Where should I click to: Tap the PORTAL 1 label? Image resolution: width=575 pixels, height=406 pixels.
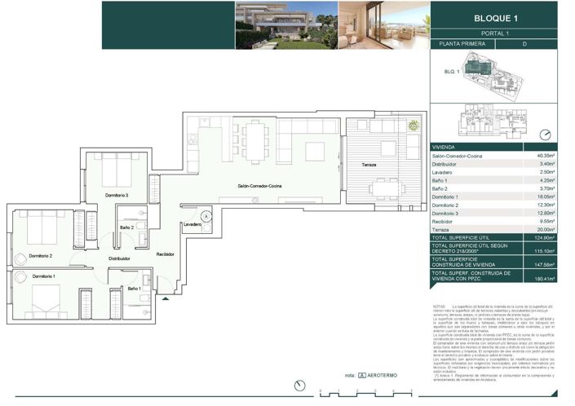(495, 33)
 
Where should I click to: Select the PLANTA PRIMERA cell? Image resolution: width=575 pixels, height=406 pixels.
(462, 44)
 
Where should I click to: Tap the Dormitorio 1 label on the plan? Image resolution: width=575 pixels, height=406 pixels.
(45, 277)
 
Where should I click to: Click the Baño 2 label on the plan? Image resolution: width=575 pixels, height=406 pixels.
(126, 227)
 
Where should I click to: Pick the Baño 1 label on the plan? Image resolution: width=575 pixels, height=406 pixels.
(135, 289)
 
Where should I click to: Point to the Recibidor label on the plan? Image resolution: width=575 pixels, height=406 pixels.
(166, 254)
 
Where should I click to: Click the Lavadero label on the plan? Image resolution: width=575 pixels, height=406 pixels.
(192, 224)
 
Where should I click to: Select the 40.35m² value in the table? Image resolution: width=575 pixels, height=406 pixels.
(545, 155)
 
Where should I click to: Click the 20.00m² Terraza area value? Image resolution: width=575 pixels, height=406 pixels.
(545, 231)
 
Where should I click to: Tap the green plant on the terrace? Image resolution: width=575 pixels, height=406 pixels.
(414, 126)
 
